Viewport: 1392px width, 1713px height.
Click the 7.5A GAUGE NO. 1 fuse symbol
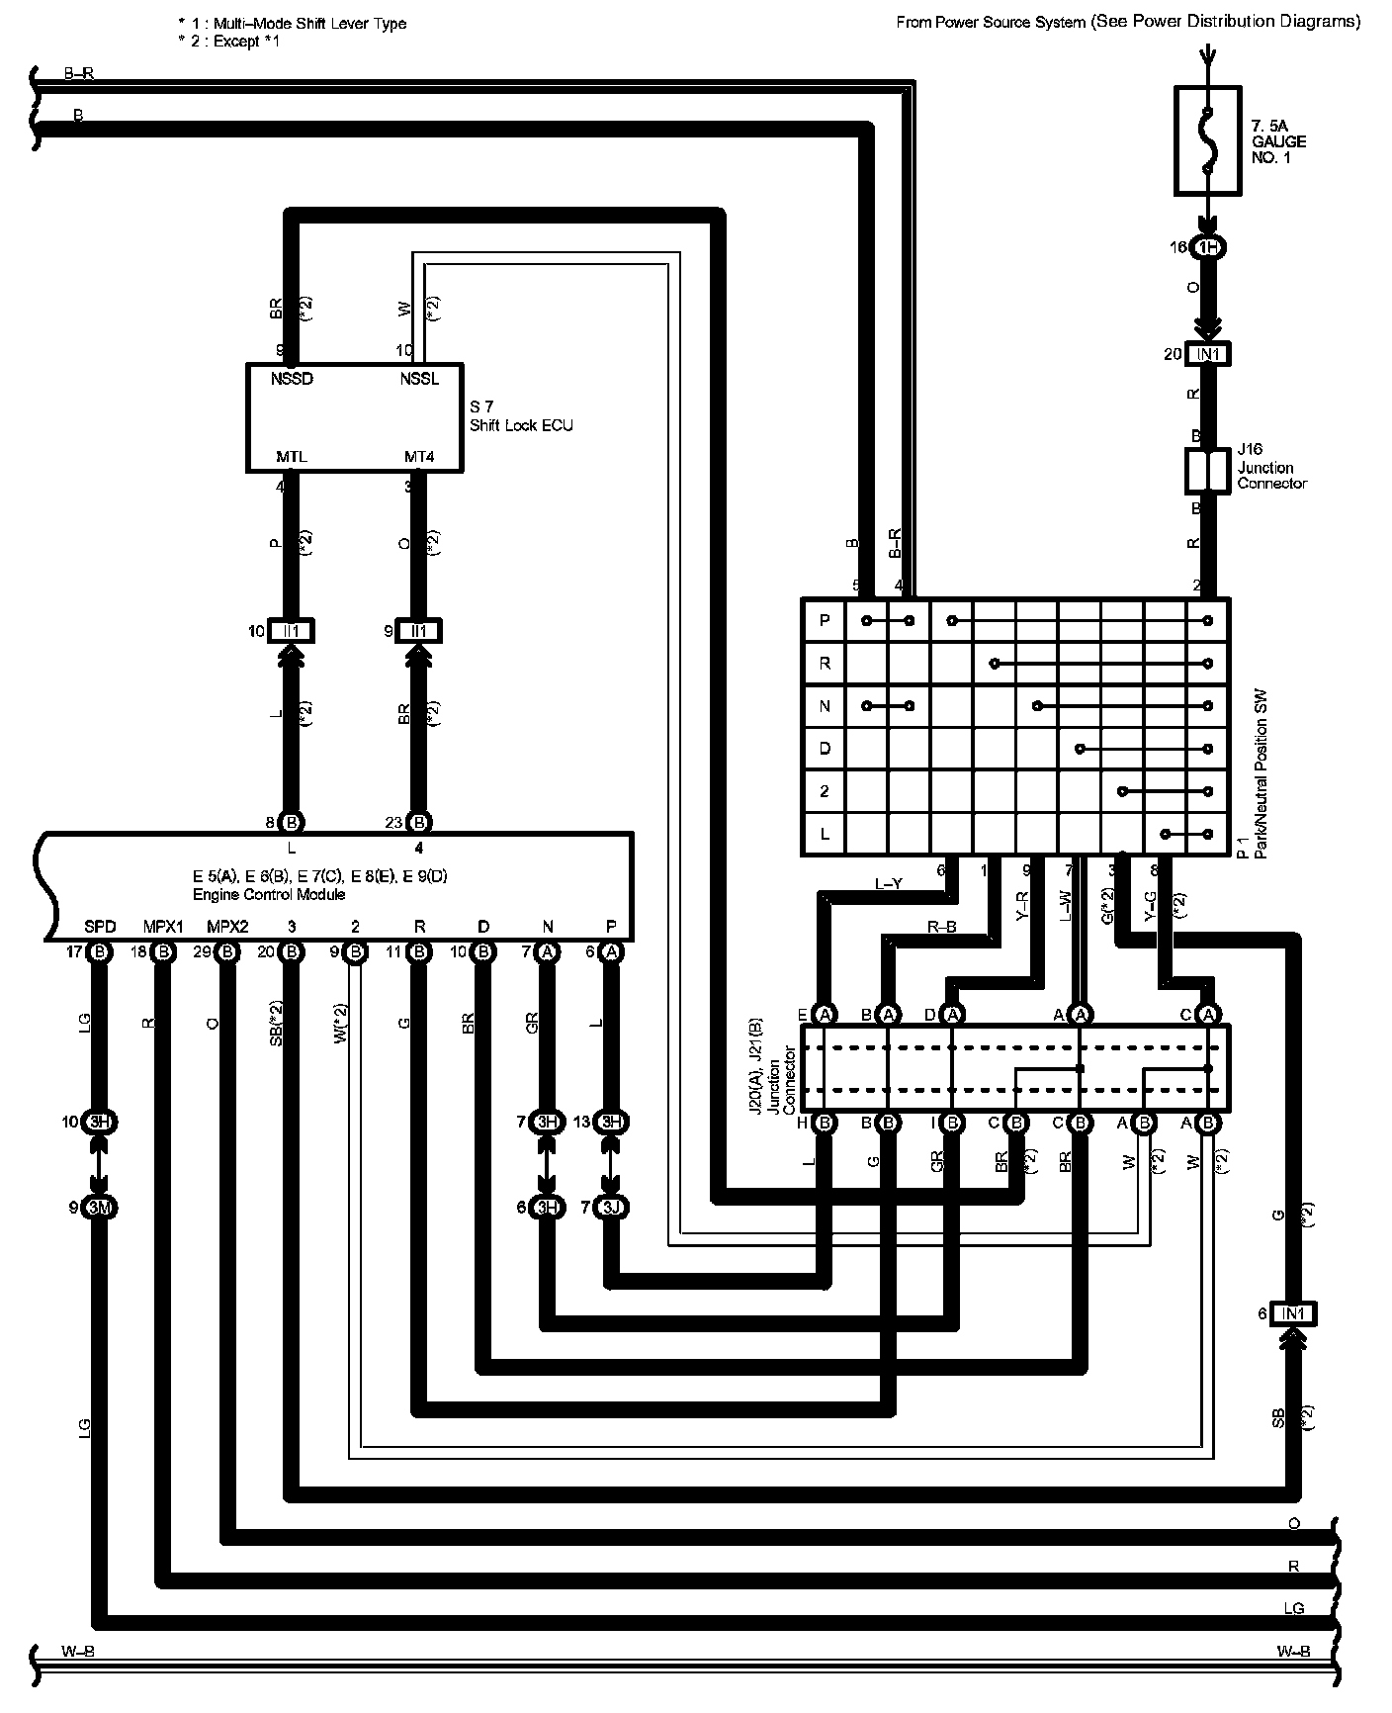[1206, 139]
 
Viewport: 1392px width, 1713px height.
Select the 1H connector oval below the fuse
[1208, 247]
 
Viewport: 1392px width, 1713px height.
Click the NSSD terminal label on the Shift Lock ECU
[292, 379]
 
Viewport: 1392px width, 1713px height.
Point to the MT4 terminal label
[418, 457]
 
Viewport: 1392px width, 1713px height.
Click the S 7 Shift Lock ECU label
[520, 416]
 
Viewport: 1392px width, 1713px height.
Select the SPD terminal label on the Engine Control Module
[100, 927]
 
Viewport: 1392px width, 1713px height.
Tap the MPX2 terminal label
[227, 927]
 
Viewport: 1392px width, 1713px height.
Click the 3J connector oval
[612, 1208]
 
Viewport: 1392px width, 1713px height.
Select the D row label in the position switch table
[825, 749]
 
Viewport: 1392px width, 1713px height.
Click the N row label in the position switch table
[825, 706]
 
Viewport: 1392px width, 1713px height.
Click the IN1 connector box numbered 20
[1208, 354]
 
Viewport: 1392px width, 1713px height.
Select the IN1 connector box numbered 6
[1292, 1313]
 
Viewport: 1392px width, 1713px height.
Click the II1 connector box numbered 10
[292, 631]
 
